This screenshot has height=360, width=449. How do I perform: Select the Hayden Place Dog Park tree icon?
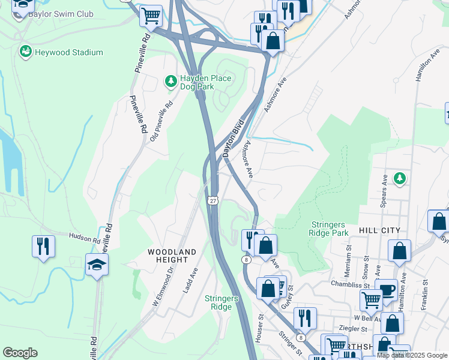(x=171, y=80)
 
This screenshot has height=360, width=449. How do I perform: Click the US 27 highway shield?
(x=213, y=200)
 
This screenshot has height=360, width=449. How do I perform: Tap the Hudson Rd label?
(x=85, y=238)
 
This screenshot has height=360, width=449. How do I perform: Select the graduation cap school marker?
(x=97, y=265)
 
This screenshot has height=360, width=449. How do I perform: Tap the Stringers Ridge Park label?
(x=329, y=229)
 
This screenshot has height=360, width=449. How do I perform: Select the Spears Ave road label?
(x=384, y=191)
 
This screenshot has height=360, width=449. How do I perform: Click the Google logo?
(x=20, y=353)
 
